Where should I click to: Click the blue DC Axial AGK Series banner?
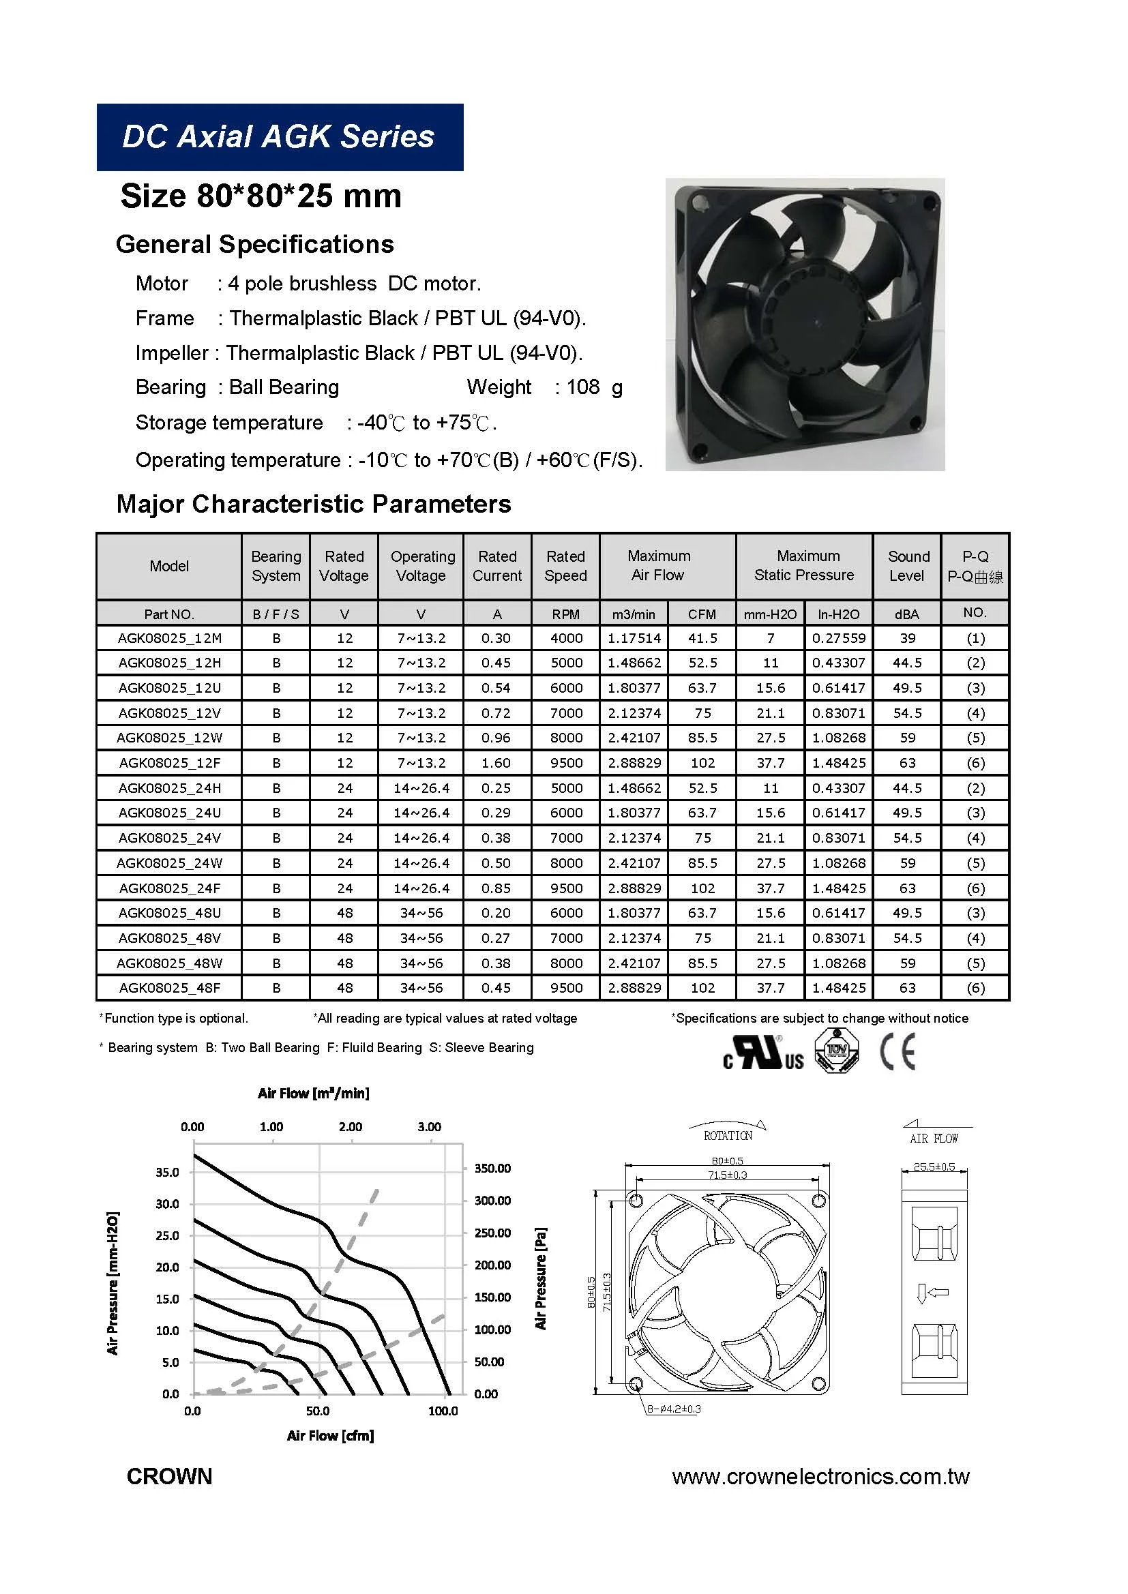279,137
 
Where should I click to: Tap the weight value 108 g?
594,387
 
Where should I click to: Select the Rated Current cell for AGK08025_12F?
496,763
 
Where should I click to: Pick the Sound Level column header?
907,566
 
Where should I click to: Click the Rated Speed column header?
565,566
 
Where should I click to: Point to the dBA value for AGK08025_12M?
907,638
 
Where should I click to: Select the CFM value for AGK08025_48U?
702,913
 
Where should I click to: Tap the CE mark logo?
897,1053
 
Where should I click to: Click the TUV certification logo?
836,1051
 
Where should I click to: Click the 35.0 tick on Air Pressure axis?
167,1172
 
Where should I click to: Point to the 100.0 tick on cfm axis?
443,1411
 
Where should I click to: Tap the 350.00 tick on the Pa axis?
492,1169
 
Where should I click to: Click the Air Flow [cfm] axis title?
331,1435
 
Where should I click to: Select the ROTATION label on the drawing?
727,1136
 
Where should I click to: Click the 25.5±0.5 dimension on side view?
934,1167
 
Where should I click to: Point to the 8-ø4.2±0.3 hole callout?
674,1409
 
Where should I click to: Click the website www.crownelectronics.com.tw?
820,1476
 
